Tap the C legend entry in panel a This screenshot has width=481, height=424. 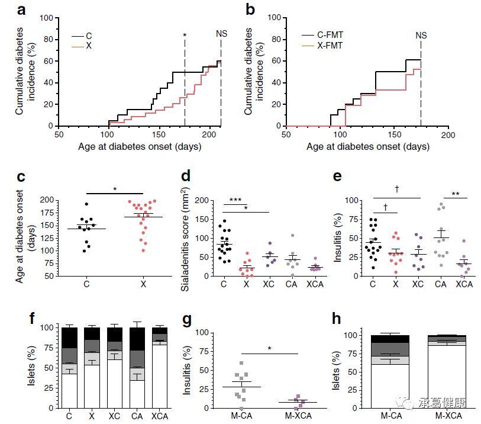point(89,36)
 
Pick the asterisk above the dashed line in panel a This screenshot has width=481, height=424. point(185,36)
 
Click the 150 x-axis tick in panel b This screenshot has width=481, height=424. point(395,135)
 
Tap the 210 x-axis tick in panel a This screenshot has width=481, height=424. point(221,135)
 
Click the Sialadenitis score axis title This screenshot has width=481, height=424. point(187,237)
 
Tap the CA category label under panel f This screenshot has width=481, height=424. point(138,417)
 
